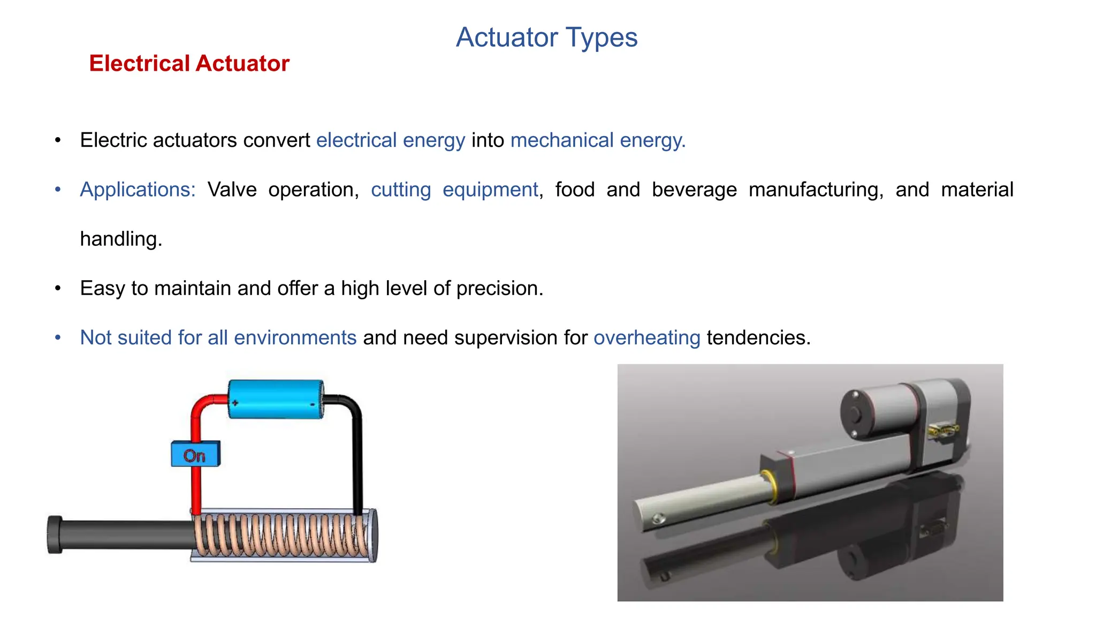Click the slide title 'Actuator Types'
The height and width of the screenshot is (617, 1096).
tap(546, 37)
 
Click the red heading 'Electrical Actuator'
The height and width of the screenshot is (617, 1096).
tap(189, 63)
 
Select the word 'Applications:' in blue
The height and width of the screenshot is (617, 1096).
tap(138, 190)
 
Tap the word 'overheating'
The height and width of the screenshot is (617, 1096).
tap(646, 337)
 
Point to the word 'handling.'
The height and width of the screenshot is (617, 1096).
tap(121, 239)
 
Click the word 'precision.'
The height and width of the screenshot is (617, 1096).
tap(499, 288)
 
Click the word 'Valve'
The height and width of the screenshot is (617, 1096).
tap(232, 190)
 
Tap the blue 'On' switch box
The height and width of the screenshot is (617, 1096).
tap(195, 454)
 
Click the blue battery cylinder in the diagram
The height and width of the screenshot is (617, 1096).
tap(276, 399)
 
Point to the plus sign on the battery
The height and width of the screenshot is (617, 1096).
tap(235, 402)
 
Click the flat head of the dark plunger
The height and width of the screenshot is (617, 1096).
tap(55, 535)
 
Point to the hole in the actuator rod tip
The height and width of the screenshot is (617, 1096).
tap(658, 518)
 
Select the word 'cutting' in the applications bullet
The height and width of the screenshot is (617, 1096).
tap(401, 190)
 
